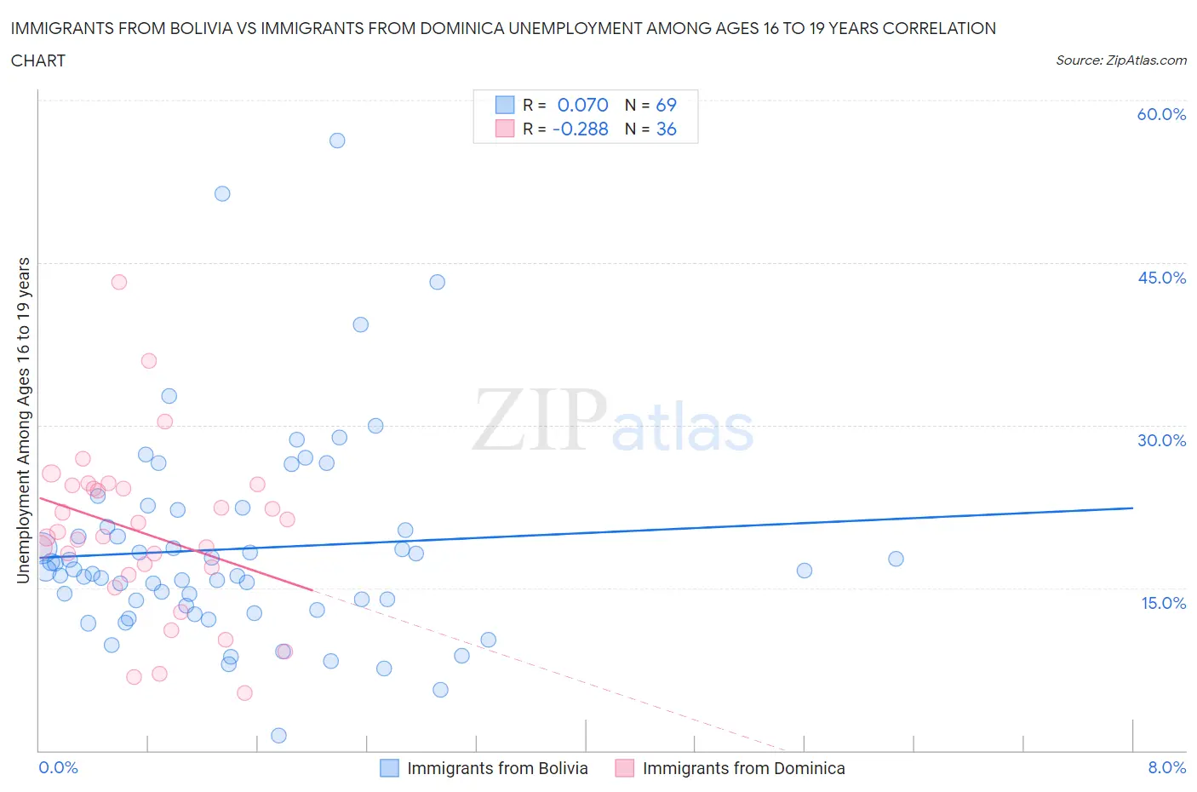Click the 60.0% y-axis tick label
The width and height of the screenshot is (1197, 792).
[1161, 114]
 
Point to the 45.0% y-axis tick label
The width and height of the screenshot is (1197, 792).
[1161, 278]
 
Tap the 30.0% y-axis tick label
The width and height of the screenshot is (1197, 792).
[1161, 440]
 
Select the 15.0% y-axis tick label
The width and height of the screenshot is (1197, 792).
[1161, 603]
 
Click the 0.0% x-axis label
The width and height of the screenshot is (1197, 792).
[58, 767]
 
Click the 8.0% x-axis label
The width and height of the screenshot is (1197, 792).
[1166, 767]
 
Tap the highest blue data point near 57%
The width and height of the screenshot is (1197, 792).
[337, 141]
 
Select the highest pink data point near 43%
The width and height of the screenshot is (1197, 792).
[119, 282]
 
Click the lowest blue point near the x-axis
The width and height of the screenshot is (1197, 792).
[278, 736]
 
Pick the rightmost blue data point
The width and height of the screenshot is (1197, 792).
[896, 559]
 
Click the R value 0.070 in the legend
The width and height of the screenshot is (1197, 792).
[582, 105]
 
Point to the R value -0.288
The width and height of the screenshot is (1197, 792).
[580, 129]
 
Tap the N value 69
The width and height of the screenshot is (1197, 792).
[666, 105]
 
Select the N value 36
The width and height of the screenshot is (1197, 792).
[666, 129]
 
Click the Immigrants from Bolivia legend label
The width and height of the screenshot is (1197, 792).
[497, 768]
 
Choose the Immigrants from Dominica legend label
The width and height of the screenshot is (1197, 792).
[743, 768]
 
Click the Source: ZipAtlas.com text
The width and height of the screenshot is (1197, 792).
[1120, 60]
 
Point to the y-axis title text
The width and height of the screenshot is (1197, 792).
[24, 420]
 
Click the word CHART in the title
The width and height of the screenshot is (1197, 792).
[38, 60]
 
